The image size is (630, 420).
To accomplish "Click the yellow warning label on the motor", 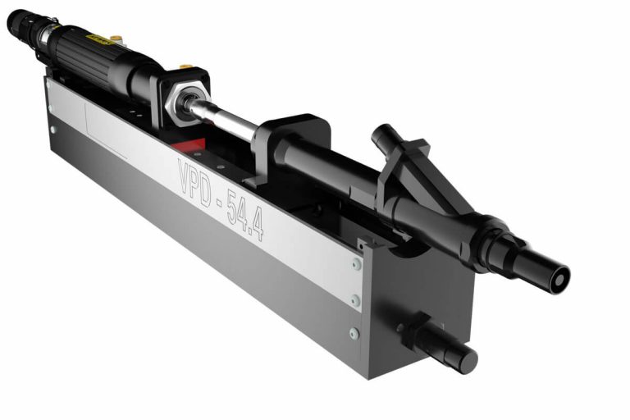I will tap(101, 37).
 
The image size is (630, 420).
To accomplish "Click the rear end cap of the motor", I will tap(18, 22).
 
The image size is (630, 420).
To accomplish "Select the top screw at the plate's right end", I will tap(356, 264).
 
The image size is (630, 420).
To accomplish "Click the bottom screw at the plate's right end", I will tap(354, 333).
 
